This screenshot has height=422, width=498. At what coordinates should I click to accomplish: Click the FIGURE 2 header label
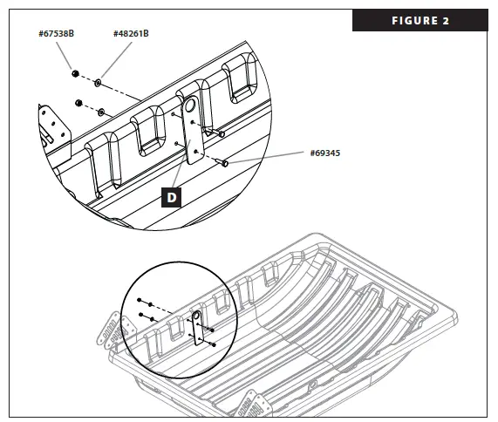(x=421, y=21)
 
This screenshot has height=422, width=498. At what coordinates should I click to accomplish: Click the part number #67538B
(x=58, y=33)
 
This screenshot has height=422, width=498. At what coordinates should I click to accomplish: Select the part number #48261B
(x=131, y=33)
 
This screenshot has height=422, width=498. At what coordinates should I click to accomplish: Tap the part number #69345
(x=325, y=153)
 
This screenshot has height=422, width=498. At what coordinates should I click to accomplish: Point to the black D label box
(x=172, y=197)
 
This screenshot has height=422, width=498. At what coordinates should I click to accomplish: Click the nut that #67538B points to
(x=76, y=73)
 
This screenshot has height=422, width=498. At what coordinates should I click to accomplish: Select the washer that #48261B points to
(x=98, y=82)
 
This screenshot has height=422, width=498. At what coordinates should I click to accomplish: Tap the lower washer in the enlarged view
(x=103, y=112)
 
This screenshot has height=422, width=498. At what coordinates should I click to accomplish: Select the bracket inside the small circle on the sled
(x=197, y=326)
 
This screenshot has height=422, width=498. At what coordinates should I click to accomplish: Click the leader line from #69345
(x=270, y=158)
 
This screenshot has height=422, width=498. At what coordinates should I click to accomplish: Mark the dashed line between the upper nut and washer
(x=87, y=78)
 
